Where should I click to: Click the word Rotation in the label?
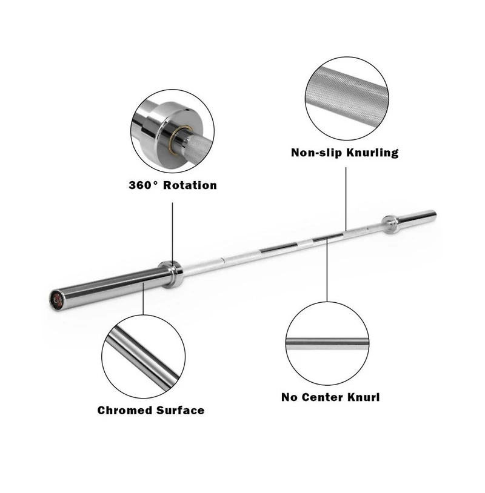point(188,185)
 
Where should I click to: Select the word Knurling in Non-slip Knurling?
point(372,153)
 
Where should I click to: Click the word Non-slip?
point(316,153)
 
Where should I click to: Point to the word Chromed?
point(124,411)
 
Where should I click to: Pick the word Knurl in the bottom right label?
point(364,398)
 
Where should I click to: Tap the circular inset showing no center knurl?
point(327,343)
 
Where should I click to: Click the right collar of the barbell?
point(390,223)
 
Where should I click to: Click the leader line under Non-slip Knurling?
point(346,197)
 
